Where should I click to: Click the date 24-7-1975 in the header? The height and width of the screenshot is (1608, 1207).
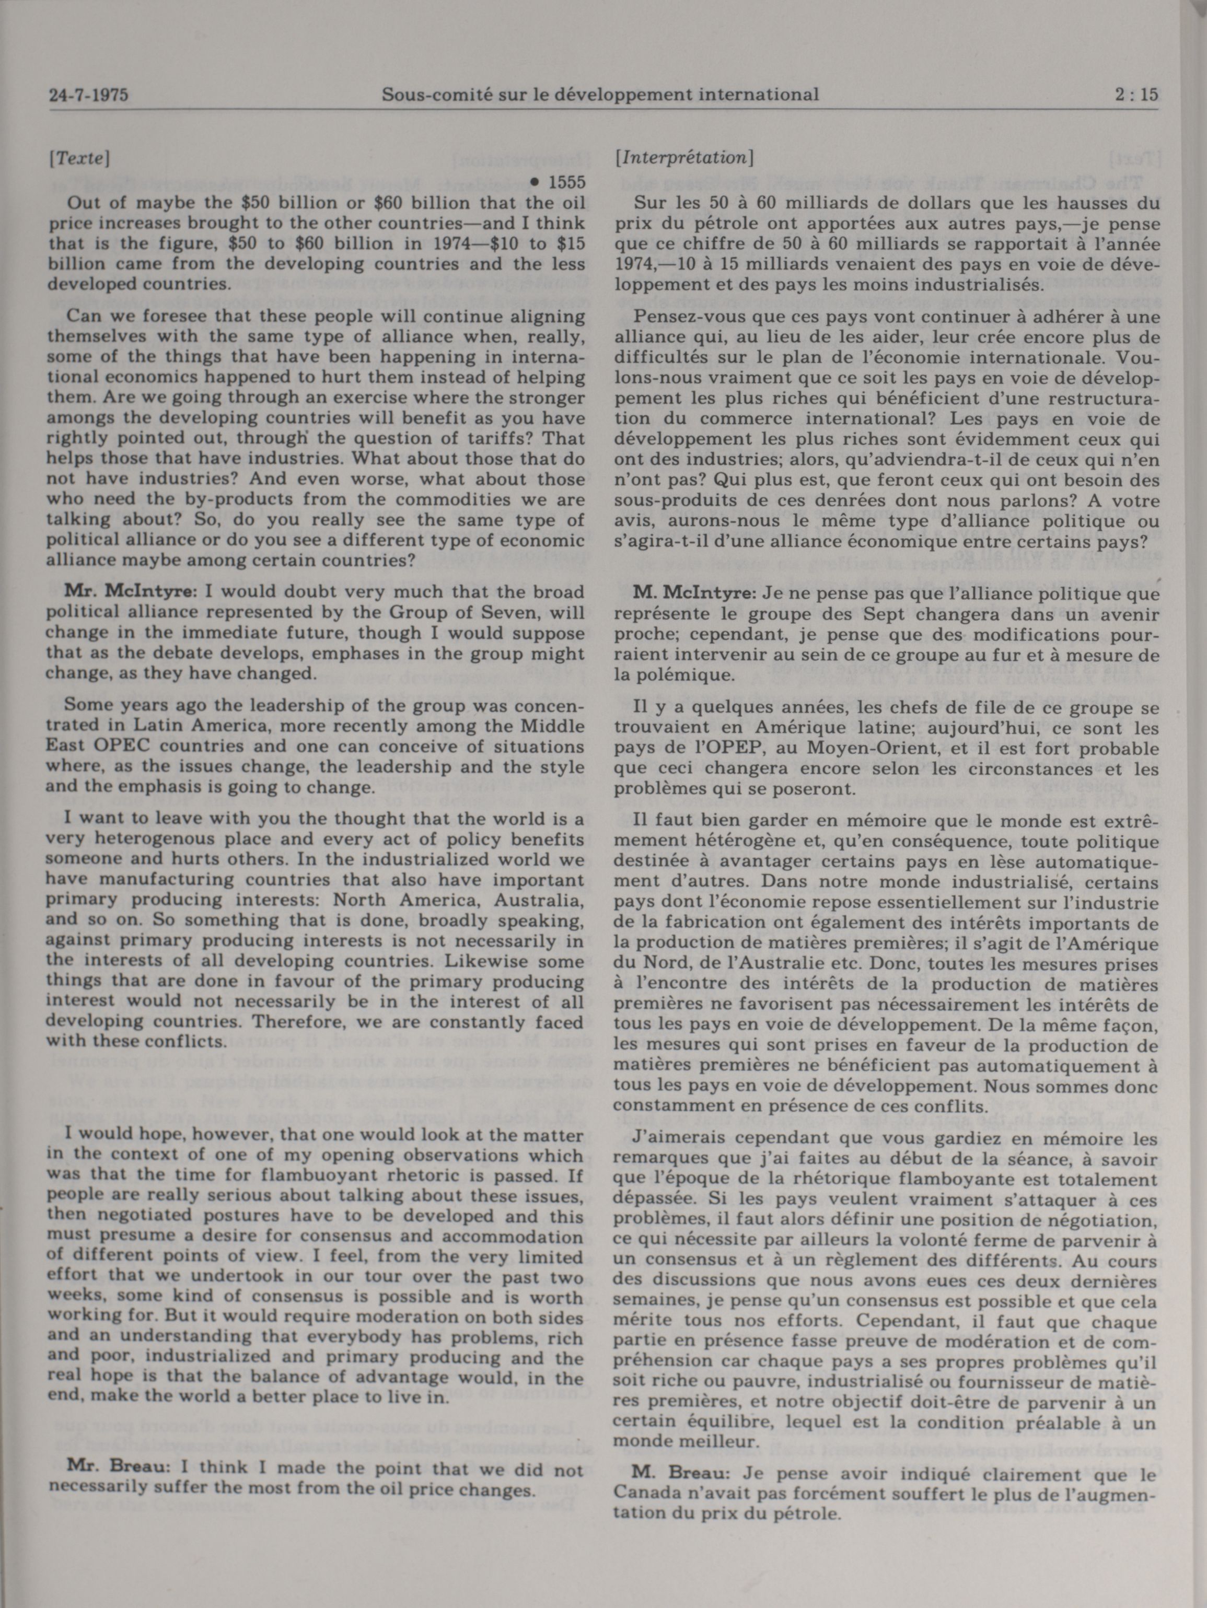point(83,95)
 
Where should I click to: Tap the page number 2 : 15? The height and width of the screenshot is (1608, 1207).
point(1135,95)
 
